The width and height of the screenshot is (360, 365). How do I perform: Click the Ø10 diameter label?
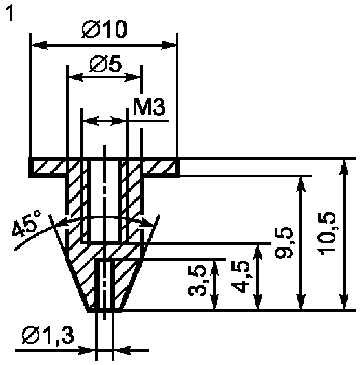[105, 29]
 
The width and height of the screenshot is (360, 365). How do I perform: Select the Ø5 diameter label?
[105, 64]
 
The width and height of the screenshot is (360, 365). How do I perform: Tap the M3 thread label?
[149, 107]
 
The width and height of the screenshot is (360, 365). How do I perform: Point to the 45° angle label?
[26, 224]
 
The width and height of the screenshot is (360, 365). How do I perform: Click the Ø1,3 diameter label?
[48, 335]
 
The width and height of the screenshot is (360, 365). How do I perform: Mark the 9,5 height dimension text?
[284, 242]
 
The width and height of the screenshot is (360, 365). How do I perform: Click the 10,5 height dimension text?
[327, 233]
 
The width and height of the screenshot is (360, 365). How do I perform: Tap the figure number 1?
[10, 14]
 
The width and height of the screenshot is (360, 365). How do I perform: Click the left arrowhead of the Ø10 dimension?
[39, 45]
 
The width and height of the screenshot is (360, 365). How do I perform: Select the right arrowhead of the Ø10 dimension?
[169, 45]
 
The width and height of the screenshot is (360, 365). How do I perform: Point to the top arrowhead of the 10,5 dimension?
[344, 167]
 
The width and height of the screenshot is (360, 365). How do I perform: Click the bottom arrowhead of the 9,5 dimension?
[301, 302]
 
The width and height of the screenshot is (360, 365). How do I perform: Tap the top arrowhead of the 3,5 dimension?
[215, 268]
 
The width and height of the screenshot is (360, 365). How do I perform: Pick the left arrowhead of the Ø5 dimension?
[76, 77]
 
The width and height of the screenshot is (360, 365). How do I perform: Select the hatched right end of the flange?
[160, 168]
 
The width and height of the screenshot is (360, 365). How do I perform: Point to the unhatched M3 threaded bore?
[104, 201]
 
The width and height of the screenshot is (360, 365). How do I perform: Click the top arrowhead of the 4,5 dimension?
[257, 252]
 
